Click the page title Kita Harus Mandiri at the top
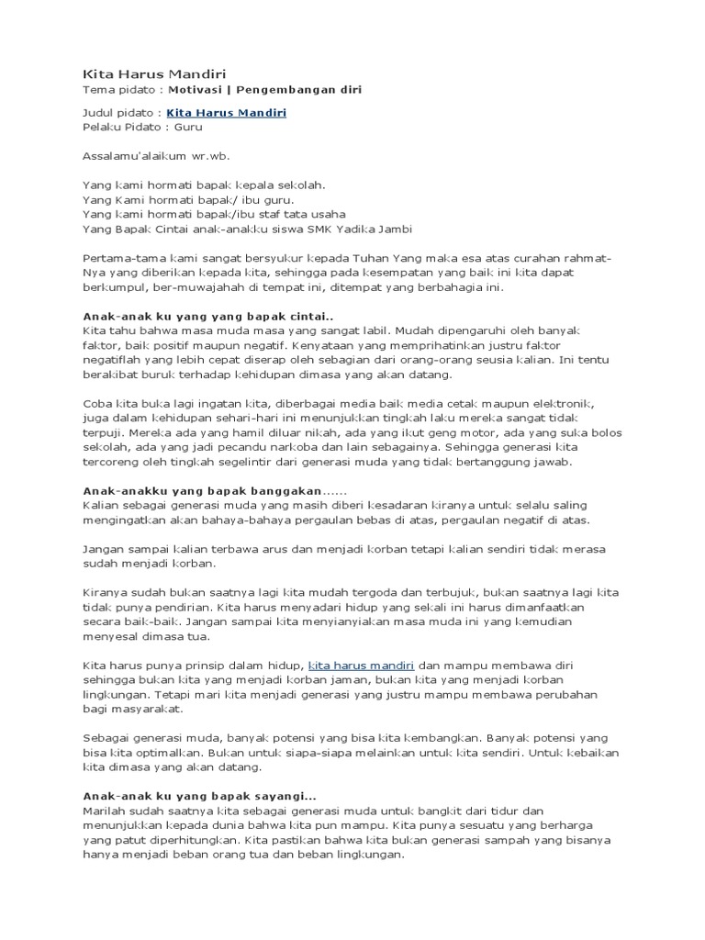(x=143, y=73)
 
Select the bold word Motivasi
(x=196, y=90)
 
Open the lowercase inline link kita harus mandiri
(x=362, y=665)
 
